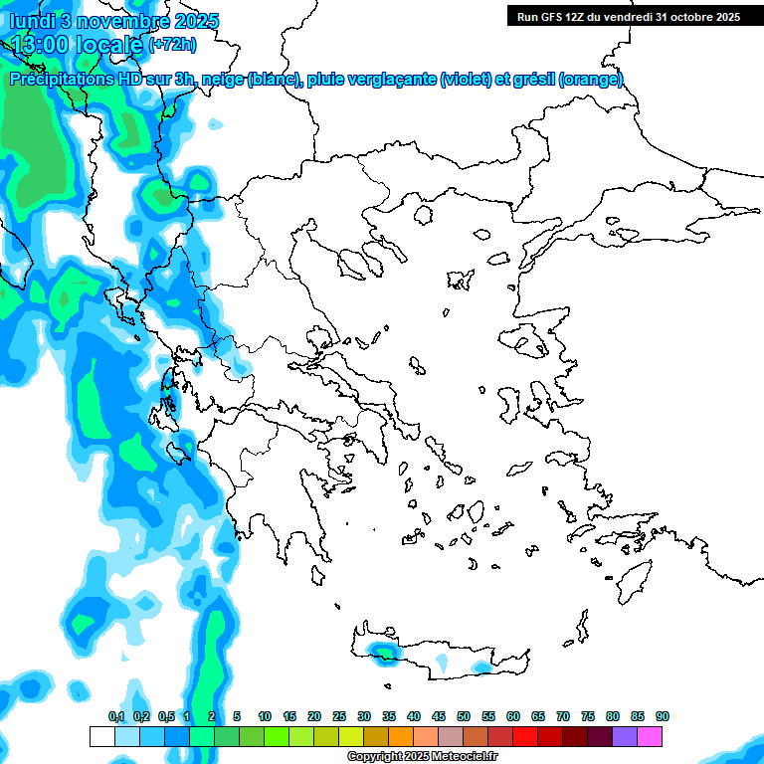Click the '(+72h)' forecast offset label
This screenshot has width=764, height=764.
pos(172,45)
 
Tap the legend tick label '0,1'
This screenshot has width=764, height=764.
pos(116,716)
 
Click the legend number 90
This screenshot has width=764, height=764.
pos(663,716)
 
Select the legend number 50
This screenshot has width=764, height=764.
pos(464,716)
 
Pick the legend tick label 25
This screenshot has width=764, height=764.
pos(339,716)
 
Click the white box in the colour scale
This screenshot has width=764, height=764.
pos(101,737)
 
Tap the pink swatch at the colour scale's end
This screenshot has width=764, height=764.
pos(650,737)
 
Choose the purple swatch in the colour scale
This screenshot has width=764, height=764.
pos(625,737)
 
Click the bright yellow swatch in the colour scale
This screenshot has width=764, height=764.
pos(350,737)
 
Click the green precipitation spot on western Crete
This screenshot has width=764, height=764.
pos(382,653)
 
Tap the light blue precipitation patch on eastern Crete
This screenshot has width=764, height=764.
pos(481,667)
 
